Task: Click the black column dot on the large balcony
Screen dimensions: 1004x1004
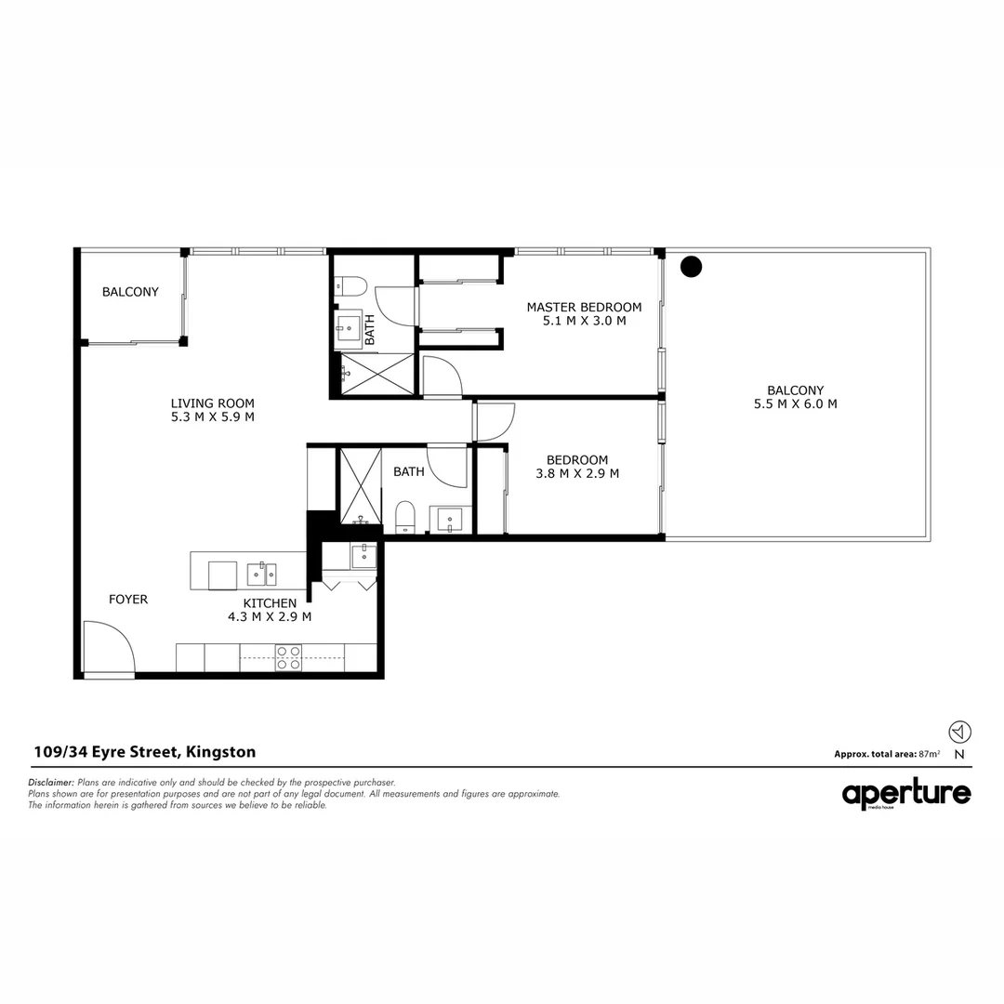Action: pos(691,268)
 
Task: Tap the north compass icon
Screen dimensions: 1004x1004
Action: pos(959,732)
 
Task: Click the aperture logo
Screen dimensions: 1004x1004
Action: pos(906,794)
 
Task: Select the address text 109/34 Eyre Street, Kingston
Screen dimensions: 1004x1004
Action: pos(144,752)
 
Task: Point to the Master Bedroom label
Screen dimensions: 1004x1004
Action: pos(584,307)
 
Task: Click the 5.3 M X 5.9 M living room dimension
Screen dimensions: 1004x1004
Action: pos(212,416)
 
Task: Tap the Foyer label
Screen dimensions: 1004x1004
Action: pos(128,600)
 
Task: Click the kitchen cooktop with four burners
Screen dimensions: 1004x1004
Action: pos(288,657)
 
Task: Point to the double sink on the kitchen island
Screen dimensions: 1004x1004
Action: pos(261,575)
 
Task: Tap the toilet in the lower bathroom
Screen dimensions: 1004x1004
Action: pos(405,518)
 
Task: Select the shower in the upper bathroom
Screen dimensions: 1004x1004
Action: pos(376,375)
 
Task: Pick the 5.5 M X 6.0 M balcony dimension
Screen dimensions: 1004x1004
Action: pos(795,404)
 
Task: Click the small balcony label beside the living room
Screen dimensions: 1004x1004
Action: pos(130,292)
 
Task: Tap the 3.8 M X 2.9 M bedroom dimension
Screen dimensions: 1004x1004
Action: pos(577,473)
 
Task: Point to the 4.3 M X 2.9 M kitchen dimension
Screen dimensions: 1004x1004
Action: pos(270,616)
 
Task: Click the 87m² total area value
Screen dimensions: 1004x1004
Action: pos(929,754)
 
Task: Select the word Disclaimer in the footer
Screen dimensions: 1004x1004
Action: pos(51,783)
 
